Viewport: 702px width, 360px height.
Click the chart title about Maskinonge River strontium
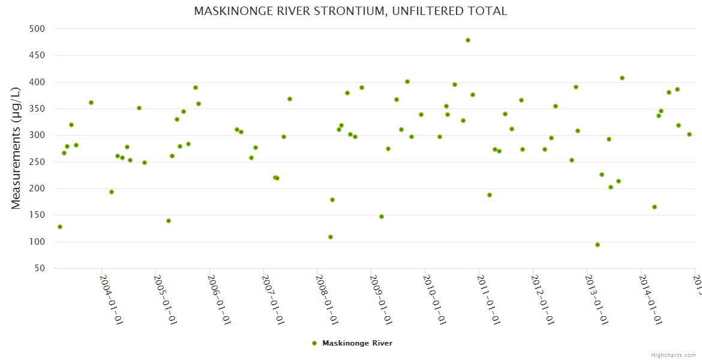tap(350, 11)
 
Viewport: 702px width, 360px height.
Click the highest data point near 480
tap(468, 40)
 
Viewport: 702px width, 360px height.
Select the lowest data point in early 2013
tap(598, 245)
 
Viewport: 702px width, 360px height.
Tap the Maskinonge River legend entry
tap(352, 343)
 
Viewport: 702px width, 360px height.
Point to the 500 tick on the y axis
tap(38, 29)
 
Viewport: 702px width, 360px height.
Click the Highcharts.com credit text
tap(674, 355)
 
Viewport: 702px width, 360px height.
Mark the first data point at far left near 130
tap(60, 227)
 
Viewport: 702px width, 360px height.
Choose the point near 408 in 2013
tap(622, 78)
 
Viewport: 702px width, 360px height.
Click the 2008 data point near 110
tap(331, 237)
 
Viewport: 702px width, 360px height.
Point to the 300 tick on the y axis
tap(38, 136)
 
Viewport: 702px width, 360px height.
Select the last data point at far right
tap(689, 134)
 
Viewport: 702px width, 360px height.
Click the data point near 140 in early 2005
tap(169, 221)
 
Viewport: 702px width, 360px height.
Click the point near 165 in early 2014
tap(655, 207)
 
